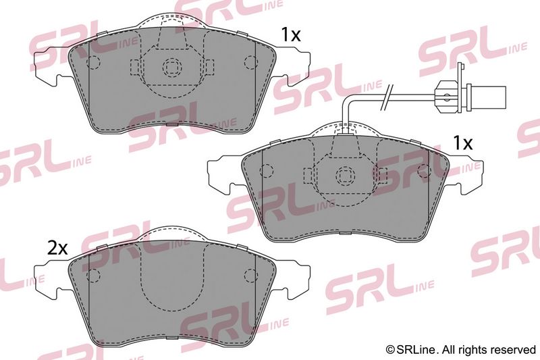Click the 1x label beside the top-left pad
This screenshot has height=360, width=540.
(291, 35)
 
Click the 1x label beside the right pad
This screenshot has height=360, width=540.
(463, 143)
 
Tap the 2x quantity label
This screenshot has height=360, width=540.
(57, 248)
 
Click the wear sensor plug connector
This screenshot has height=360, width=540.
(470, 96)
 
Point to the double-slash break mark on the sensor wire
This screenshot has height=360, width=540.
(385, 97)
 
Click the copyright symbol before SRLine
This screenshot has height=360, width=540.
(390, 350)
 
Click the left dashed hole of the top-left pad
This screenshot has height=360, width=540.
(92, 62)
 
